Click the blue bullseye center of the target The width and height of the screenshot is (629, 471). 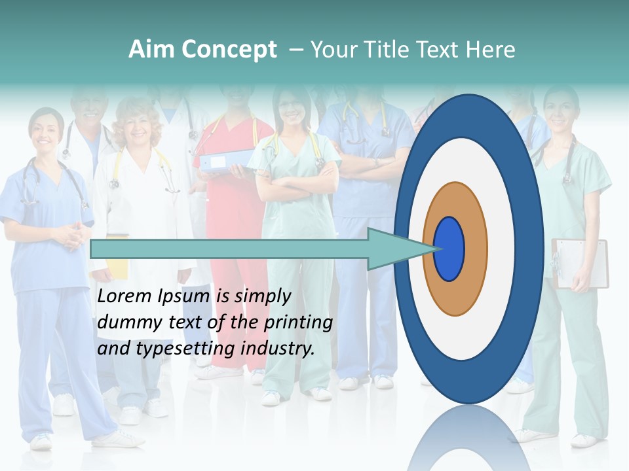pos(449,249)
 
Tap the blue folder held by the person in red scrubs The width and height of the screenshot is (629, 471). pos(226,160)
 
